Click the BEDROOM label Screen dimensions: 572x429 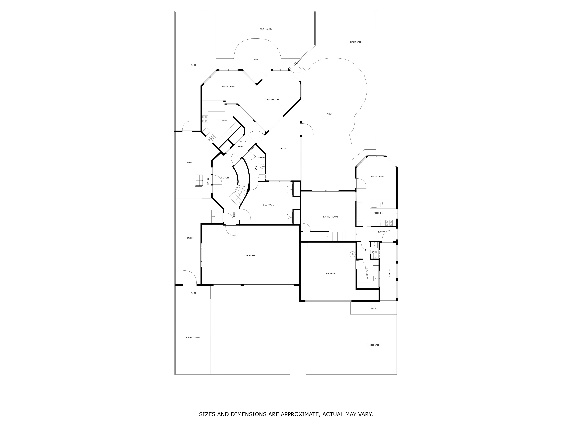(x=269, y=205)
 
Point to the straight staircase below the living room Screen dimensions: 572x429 (x=336, y=236)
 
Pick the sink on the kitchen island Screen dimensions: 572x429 (x=383, y=205)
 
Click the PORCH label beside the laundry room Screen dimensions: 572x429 (x=389, y=273)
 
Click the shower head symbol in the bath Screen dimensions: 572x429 (x=252, y=149)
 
